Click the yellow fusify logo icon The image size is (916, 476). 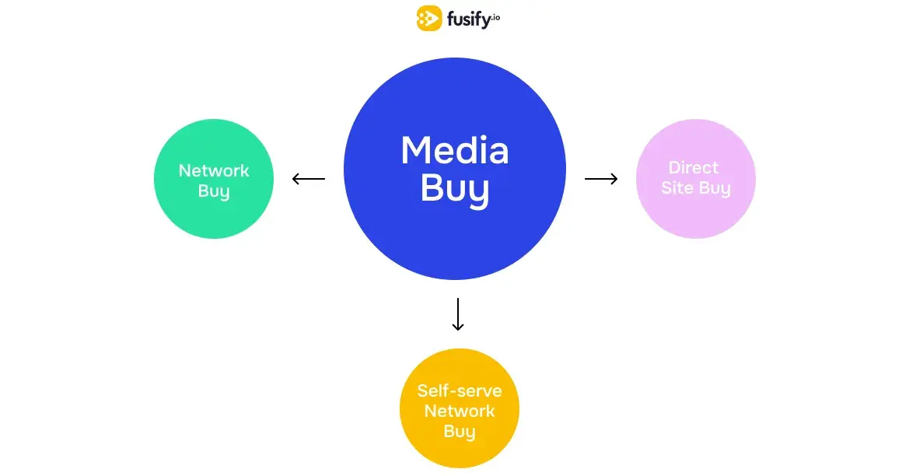(429, 18)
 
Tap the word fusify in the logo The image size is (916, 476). (467, 19)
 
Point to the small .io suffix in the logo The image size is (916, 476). (495, 16)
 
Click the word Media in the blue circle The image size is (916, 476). (455, 150)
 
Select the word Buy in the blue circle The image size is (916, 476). (455, 189)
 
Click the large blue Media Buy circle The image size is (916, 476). (455, 233)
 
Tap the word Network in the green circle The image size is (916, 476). (214, 170)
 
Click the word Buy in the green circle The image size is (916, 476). (214, 191)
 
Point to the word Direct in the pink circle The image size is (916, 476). (694, 168)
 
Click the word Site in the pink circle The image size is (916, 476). (677, 188)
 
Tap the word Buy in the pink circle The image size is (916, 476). (715, 189)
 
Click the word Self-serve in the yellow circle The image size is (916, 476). (460, 390)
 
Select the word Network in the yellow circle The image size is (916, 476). (460, 411)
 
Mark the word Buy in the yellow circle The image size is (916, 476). (460, 432)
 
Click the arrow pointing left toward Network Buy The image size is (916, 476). (309, 180)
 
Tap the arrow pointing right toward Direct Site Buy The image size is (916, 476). (601, 180)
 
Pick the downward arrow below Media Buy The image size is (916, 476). (458, 314)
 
